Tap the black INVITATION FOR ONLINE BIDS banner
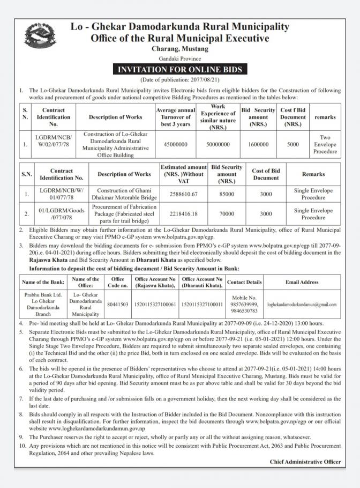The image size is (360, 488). click(179, 70)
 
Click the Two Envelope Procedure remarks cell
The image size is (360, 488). click(325, 144)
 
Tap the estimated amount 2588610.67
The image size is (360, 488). click(182, 194)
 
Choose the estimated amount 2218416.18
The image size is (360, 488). click(182, 214)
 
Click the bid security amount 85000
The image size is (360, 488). click(227, 194)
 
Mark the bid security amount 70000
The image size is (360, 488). click(227, 214)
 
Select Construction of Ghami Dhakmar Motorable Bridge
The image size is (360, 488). click(124, 194)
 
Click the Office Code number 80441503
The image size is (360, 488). click(117, 304)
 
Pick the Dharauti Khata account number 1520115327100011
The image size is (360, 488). click(202, 304)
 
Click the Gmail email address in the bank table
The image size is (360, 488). click(302, 304)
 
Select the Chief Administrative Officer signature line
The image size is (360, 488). click(305, 461)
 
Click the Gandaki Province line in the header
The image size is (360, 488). click(179, 58)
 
